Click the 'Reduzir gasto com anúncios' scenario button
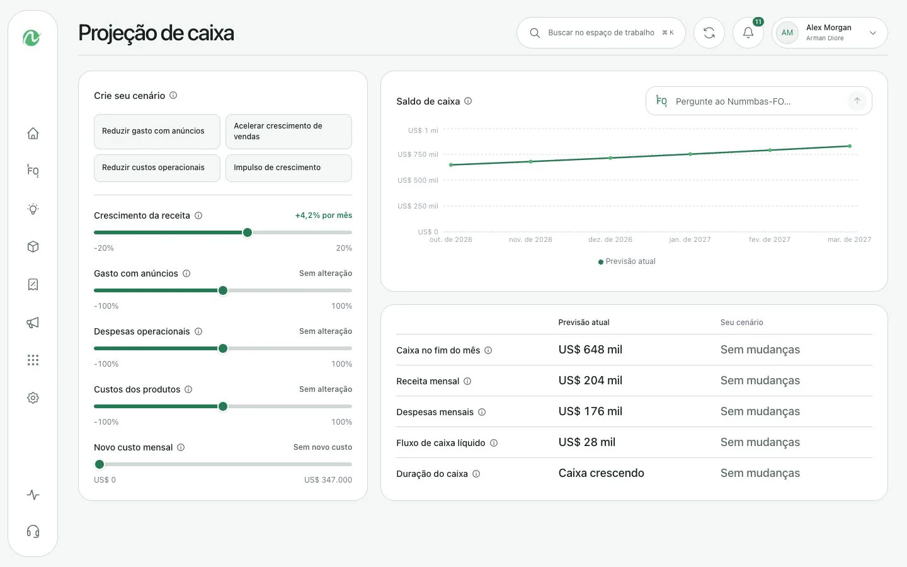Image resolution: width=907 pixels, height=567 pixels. pyautogui.click(x=157, y=131)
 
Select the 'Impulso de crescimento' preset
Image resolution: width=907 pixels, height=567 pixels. pyautogui.click(x=288, y=168)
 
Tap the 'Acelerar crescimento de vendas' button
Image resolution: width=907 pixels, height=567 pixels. pyautogui.click(x=288, y=131)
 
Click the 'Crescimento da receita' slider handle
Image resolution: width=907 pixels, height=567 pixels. pyautogui.click(x=248, y=232)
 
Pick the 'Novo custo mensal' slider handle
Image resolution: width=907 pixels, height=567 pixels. pyautogui.click(x=100, y=464)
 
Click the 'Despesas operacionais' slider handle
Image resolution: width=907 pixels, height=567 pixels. pyautogui.click(x=223, y=349)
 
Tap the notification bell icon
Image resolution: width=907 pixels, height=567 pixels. pyautogui.click(x=748, y=33)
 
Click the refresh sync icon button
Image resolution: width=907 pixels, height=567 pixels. pyautogui.click(x=709, y=33)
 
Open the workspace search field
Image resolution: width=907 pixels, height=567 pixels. pyautogui.click(x=601, y=33)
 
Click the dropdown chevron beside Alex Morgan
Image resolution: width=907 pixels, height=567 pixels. pyautogui.click(x=873, y=33)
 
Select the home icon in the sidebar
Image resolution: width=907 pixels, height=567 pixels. pyautogui.click(x=33, y=134)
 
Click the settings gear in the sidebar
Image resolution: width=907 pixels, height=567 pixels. pyautogui.click(x=33, y=398)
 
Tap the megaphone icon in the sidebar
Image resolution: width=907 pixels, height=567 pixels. pyautogui.click(x=33, y=323)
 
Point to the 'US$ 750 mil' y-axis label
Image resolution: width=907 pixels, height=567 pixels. pyautogui.click(x=418, y=154)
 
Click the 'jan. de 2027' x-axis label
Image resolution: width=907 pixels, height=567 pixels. pyautogui.click(x=690, y=239)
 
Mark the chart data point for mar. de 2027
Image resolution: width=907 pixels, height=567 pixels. pyautogui.click(x=850, y=146)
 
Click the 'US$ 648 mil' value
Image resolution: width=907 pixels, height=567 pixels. pyautogui.click(x=590, y=350)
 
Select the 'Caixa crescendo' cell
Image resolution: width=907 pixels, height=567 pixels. pyautogui.click(x=602, y=473)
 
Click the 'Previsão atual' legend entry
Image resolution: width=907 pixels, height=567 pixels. pyautogui.click(x=627, y=261)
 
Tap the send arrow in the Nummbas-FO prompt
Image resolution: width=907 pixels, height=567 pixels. pyautogui.click(x=857, y=101)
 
